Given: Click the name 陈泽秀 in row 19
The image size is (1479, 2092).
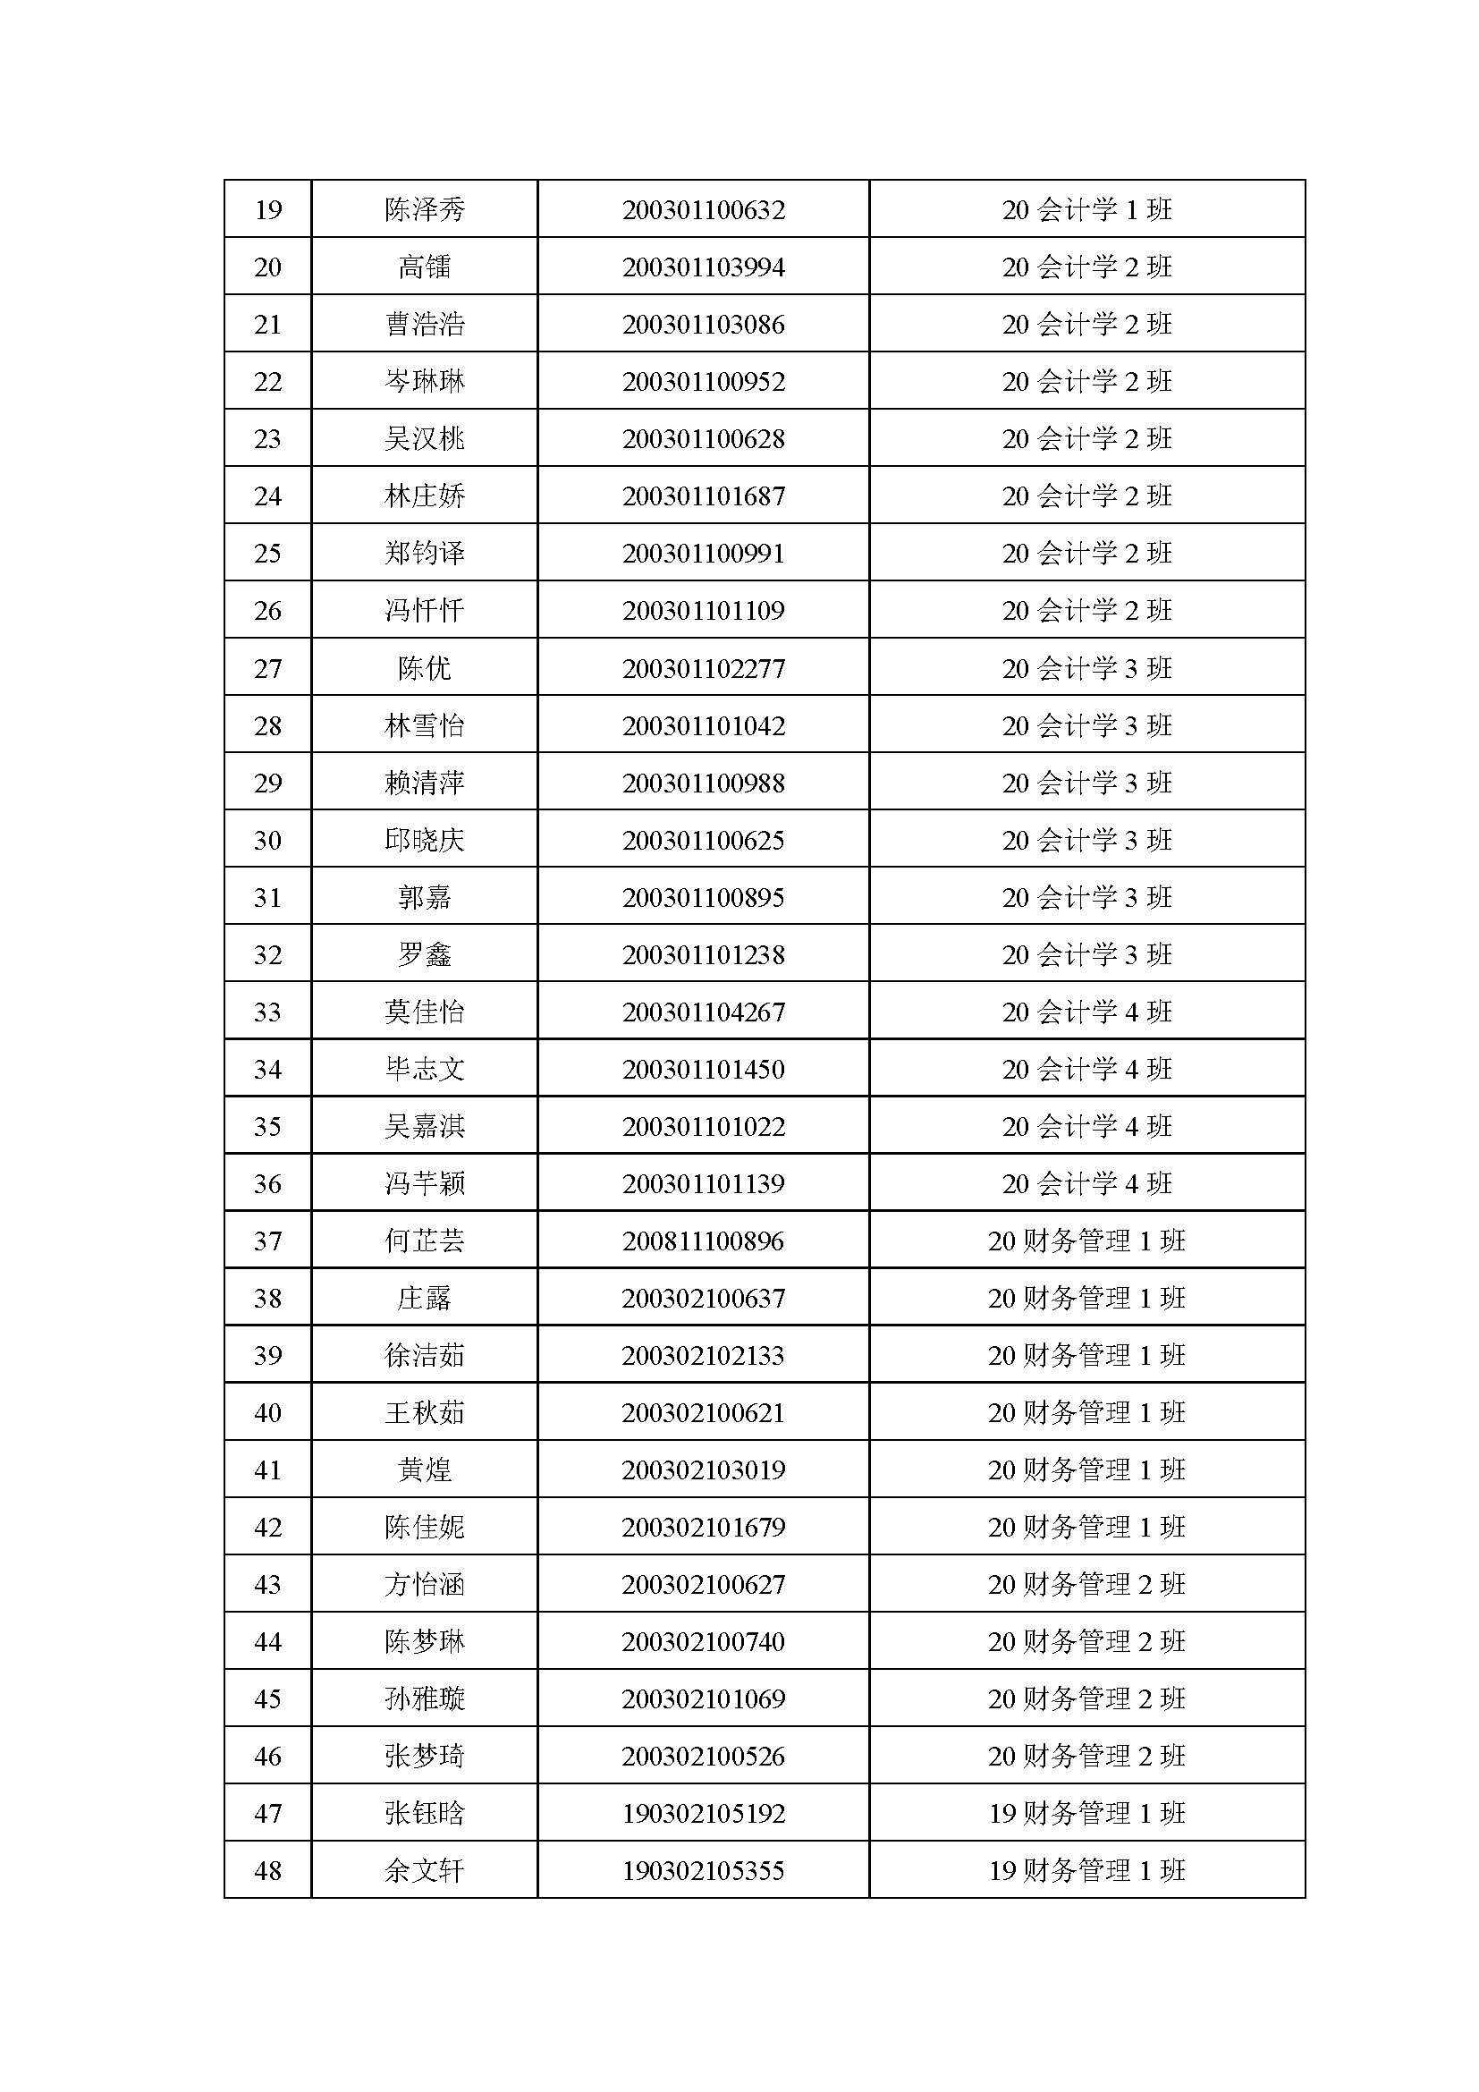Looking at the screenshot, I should point(425,209).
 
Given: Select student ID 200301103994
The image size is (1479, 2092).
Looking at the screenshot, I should point(703,267).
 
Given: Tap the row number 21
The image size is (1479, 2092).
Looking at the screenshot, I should point(267,325).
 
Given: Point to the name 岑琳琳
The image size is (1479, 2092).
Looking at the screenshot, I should point(425,381).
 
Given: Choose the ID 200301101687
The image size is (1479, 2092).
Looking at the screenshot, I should point(703,495).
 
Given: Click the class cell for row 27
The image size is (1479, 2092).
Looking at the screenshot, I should point(1086,668).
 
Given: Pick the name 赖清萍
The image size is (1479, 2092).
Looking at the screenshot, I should point(425,783).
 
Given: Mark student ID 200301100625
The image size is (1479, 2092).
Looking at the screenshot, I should point(703,840).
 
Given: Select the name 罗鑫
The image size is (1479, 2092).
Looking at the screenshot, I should point(425,955).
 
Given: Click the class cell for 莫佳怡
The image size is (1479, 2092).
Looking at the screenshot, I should point(1086,1012).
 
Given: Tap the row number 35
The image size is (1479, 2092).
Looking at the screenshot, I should point(267,1126).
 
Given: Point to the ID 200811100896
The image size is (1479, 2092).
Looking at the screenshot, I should point(703,1241).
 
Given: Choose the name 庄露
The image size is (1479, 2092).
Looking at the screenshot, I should point(425,1298).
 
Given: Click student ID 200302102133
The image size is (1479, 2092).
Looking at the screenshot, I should point(703,1355).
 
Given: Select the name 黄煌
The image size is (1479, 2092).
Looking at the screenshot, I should point(425,1469).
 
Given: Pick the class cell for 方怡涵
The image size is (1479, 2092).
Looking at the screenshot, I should point(1086,1585).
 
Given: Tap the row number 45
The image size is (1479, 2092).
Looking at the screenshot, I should point(267,1698).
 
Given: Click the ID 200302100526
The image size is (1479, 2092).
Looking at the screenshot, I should point(703,1756).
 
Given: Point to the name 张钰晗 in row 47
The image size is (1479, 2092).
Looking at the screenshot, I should point(425,1813).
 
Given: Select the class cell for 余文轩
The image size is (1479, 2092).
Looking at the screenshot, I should point(1086,1870).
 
